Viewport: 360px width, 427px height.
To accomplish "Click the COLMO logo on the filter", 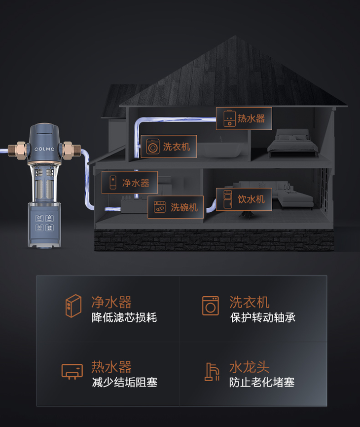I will coord(46,149).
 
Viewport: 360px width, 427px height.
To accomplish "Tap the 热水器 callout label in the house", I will coord(244,118).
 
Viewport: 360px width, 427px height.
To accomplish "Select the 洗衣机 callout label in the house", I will coord(169,147).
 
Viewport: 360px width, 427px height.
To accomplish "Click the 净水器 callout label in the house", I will coord(130,183).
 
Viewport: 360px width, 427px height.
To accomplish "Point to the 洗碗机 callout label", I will coord(176,207).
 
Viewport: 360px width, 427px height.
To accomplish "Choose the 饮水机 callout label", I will coord(244,199).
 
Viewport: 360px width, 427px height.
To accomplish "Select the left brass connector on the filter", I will coord(21,148).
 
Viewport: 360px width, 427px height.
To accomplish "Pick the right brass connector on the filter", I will coord(71,148).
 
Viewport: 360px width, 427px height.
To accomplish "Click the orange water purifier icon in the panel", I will coord(73,306).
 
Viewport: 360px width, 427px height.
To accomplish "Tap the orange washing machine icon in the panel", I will coord(210,306).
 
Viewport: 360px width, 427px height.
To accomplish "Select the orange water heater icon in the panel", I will coord(72,371).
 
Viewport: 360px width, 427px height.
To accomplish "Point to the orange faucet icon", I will coord(211,372).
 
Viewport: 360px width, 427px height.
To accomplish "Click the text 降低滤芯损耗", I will coord(124,317).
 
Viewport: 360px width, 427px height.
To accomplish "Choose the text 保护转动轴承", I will coord(262,317).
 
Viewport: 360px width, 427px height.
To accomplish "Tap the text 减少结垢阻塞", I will coord(124,382).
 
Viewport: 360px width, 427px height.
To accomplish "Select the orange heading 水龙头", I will coord(249,367).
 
